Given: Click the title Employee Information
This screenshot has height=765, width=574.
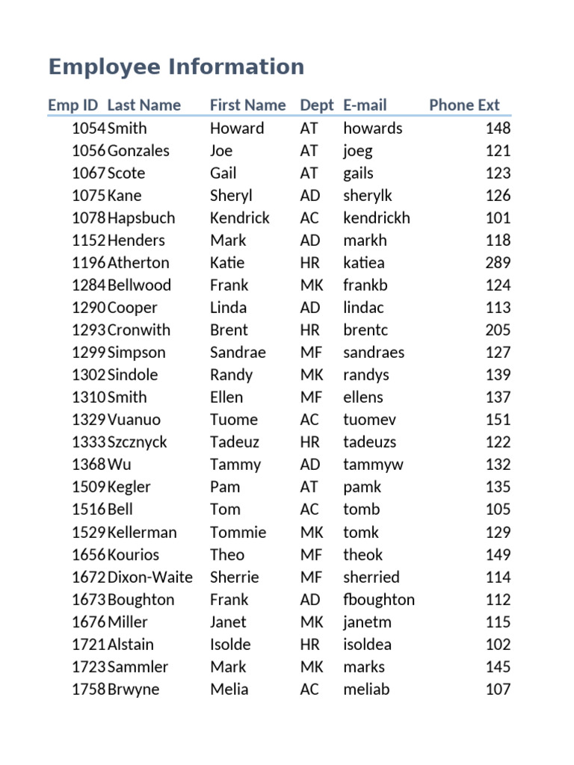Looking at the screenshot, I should click(x=176, y=67).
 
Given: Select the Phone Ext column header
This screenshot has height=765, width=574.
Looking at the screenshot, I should click(x=464, y=105).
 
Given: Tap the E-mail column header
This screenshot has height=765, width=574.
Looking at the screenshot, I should click(x=365, y=105).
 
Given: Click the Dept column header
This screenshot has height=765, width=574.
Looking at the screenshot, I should click(x=317, y=105).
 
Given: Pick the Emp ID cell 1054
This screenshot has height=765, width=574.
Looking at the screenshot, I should click(x=88, y=128).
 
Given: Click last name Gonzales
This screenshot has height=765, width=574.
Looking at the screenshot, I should click(x=138, y=151).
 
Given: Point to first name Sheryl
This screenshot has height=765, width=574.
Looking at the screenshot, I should click(x=231, y=196).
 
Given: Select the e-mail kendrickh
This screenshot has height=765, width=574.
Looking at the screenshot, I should click(x=377, y=218).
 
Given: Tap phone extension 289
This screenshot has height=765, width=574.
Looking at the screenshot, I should click(x=498, y=263).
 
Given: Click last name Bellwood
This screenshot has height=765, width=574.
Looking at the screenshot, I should click(x=139, y=285).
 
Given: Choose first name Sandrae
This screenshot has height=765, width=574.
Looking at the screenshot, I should click(x=238, y=353).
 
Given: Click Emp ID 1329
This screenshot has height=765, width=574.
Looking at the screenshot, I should click(x=88, y=420).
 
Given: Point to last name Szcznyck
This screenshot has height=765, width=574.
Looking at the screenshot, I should click(x=138, y=442).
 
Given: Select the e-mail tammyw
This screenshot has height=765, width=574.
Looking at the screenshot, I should click(x=373, y=465).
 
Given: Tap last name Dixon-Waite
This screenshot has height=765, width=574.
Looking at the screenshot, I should click(x=149, y=577).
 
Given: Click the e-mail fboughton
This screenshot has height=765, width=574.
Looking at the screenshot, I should click(x=379, y=600).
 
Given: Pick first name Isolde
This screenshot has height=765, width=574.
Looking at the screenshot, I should click(x=230, y=645).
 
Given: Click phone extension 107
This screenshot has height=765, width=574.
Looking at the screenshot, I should click(x=498, y=690).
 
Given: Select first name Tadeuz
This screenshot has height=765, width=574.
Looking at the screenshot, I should click(x=235, y=442).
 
